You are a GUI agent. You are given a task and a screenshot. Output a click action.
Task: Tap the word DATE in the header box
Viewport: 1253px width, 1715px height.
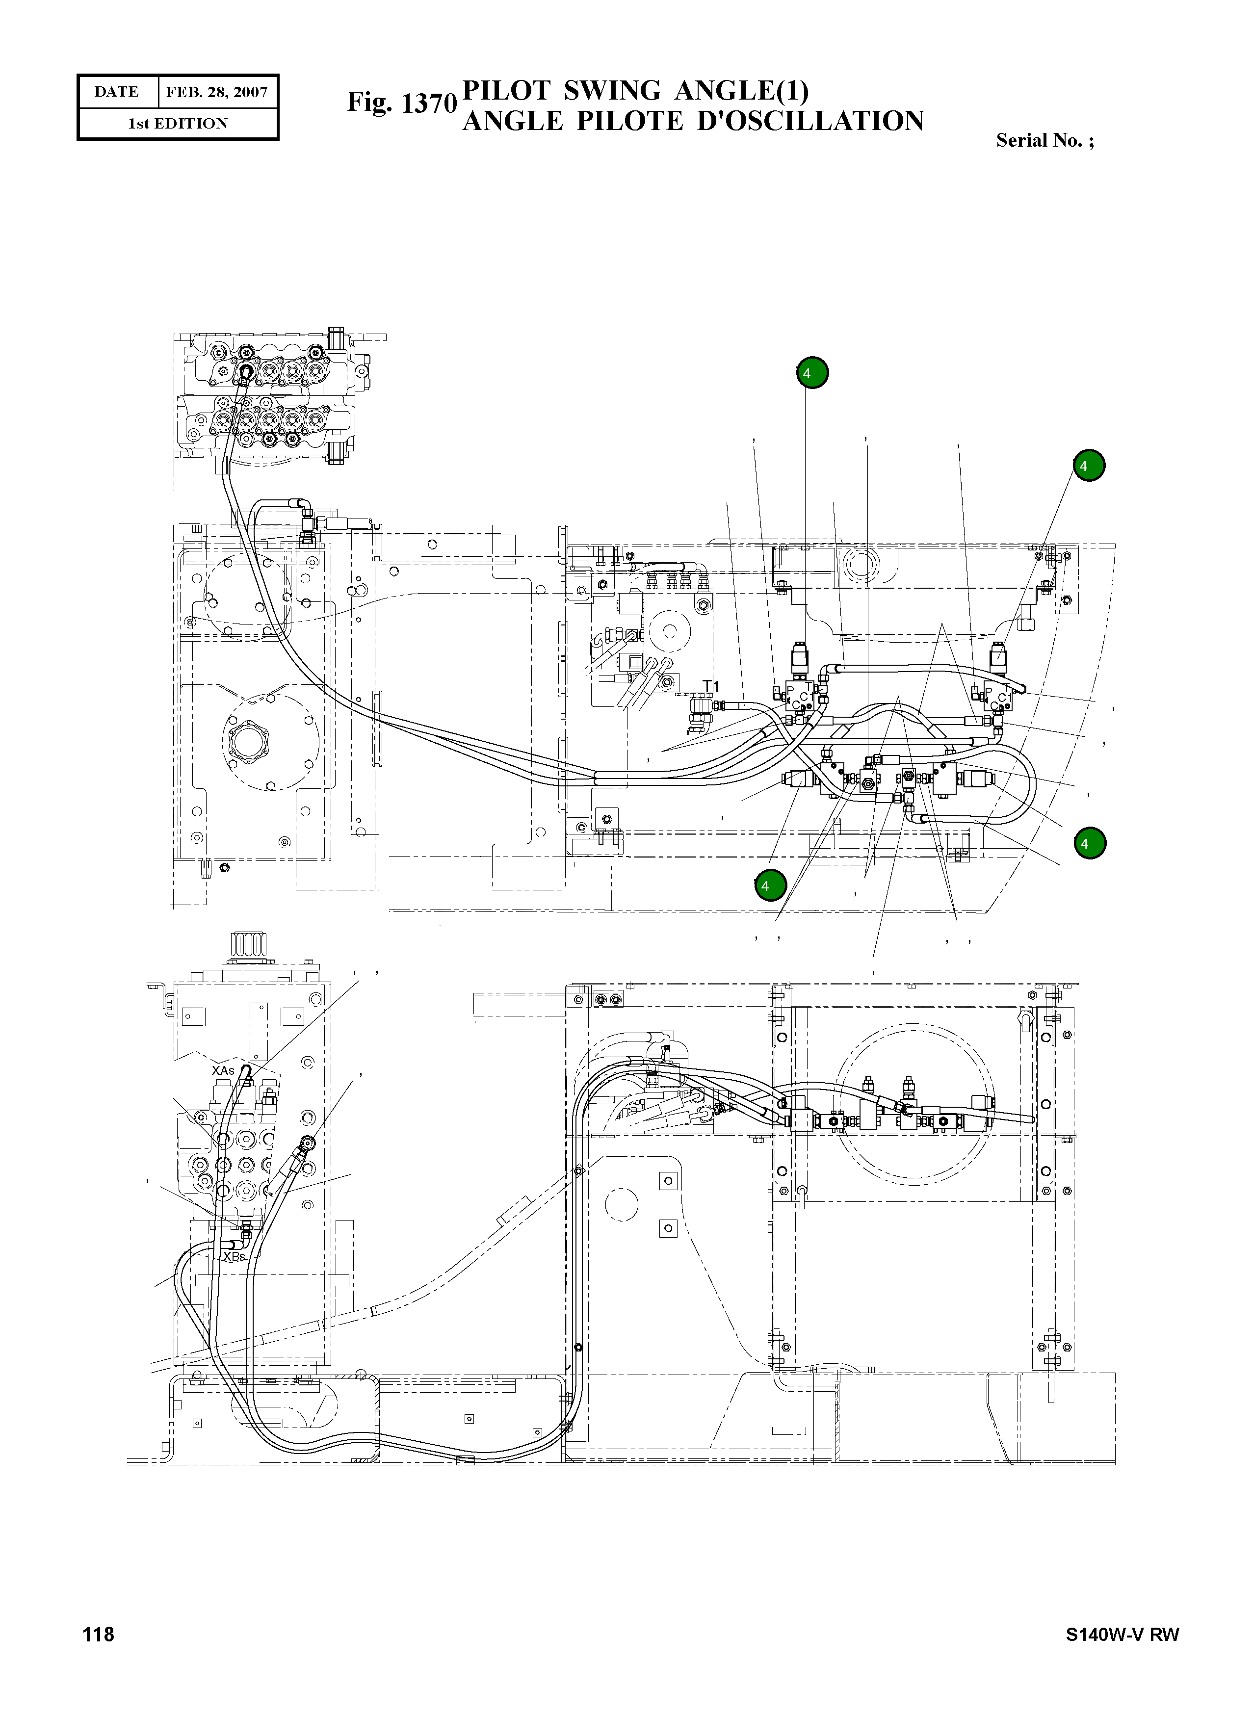(116, 92)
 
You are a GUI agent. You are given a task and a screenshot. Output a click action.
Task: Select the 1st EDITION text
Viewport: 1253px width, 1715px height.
(178, 124)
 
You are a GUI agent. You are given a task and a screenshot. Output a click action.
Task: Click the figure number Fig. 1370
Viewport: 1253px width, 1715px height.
(401, 103)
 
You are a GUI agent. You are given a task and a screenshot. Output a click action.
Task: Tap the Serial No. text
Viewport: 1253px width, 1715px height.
(1044, 140)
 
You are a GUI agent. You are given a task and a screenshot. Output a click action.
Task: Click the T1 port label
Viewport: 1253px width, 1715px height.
(710, 686)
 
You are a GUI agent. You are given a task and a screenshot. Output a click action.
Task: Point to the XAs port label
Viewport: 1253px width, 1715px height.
(223, 1070)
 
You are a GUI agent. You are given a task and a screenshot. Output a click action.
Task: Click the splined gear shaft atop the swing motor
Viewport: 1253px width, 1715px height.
(249, 945)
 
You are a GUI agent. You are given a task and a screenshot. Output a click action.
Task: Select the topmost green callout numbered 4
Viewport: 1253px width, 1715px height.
(812, 373)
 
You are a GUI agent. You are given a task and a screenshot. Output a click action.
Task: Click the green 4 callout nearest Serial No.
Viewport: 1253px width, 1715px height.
(1089, 466)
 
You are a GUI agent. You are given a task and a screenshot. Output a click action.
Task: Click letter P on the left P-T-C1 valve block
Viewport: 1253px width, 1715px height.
(789, 690)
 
